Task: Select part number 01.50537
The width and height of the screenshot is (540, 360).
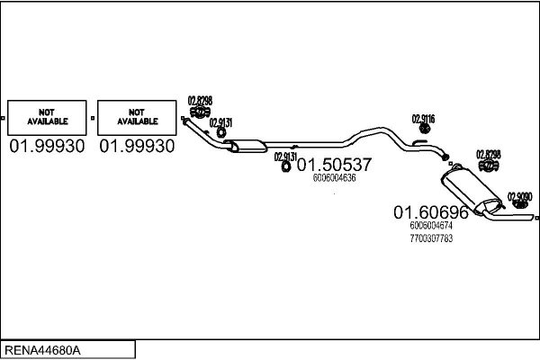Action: (x=334, y=166)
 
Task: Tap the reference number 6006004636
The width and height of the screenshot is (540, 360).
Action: (x=335, y=178)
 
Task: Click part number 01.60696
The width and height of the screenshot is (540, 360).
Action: (x=430, y=213)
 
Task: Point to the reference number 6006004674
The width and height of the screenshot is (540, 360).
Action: (x=430, y=226)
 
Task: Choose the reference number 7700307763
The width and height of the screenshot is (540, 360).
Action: (x=430, y=238)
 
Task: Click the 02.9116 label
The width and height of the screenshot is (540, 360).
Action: (x=424, y=119)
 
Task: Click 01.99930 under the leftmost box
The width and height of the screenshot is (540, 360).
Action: (x=47, y=146)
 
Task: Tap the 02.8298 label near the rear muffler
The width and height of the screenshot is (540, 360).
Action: (x=488, y=154)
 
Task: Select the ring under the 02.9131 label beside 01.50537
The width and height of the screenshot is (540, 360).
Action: (x=285, y=166)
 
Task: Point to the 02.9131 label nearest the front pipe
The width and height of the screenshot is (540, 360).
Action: (x=220, y=123)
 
